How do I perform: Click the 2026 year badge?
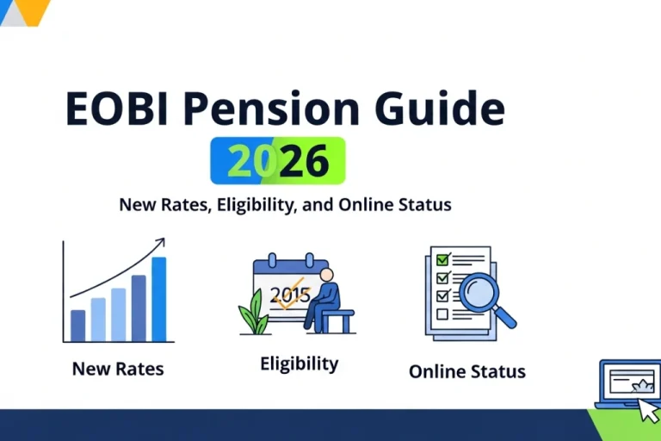pos(277,160)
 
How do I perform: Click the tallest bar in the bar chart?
pos(158,299)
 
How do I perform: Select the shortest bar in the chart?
pos(78,326)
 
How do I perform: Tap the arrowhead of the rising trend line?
pos(160,244)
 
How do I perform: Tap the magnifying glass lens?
pos(479,294)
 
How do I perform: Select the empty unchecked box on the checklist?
pos(443,314)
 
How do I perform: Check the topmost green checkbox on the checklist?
pos(443,259)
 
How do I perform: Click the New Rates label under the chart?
pos(118,369)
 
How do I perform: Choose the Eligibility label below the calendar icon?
pos(299,363)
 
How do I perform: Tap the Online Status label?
pos(466,372)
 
